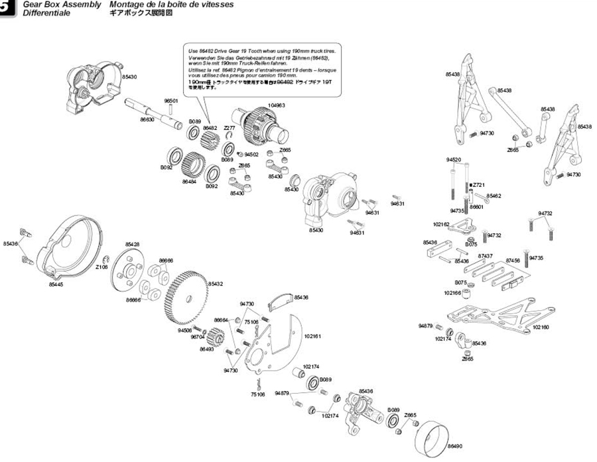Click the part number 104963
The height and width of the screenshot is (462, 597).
click(277, 105)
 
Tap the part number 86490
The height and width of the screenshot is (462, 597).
click(455, 446)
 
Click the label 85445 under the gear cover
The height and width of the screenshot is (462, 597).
click(56, 284)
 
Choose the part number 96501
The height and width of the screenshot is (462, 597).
click(172, 101)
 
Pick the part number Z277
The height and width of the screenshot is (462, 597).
click(230, 127)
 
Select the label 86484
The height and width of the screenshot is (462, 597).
click(188, 181)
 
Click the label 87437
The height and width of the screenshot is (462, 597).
click(486, 255)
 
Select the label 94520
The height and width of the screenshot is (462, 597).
click(454, 160)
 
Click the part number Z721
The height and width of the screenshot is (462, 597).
click(479, 184)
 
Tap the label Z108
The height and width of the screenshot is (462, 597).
click(101, 268)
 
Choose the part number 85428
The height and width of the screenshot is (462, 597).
click(133, 245)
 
